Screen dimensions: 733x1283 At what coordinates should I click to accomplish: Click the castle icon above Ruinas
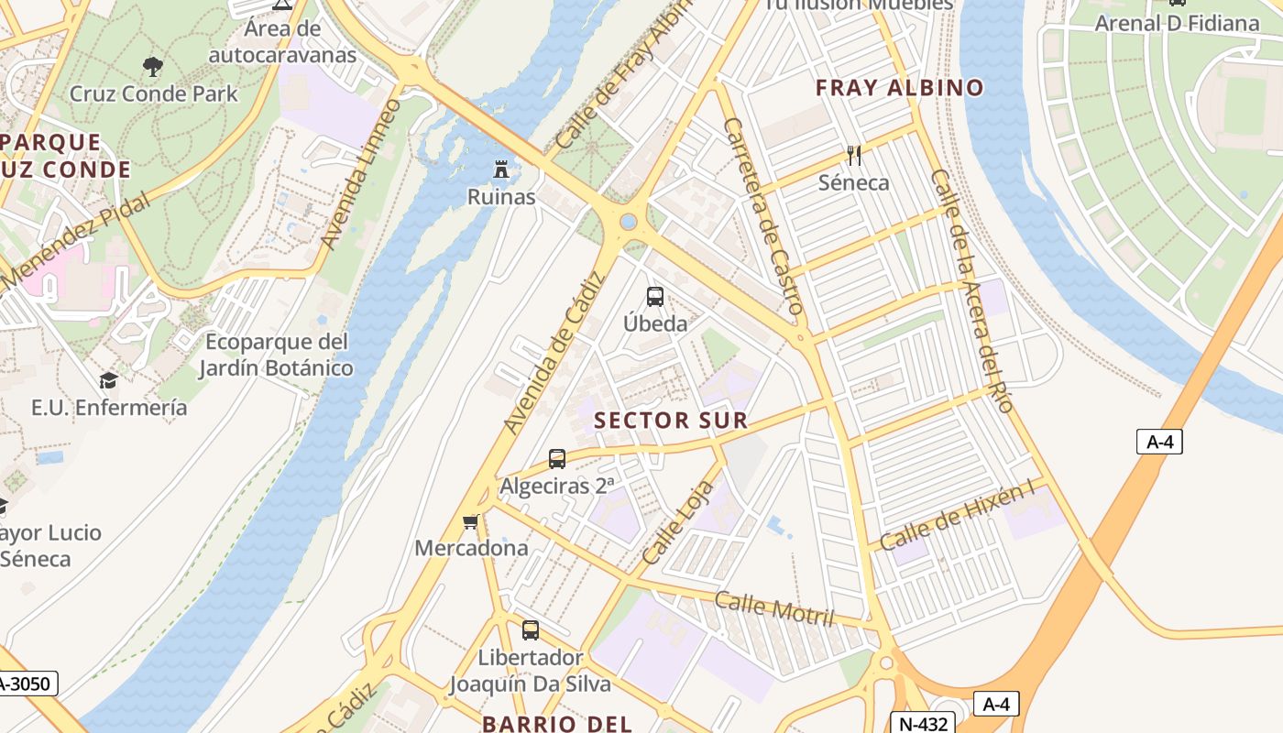(x=500, y=169)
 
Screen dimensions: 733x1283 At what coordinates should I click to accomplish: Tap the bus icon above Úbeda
(x=655, y=296)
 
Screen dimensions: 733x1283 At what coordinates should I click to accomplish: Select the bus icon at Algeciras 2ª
(x=556, y=458)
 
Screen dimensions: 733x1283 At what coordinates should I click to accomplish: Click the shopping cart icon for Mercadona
(x=471, y=521)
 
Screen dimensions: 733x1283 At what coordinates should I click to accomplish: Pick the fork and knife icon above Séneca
(x=854, y=155)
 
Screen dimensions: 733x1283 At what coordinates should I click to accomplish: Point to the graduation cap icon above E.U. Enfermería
(x=108, y=380)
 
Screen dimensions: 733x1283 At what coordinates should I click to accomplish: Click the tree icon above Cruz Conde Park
(x=153, y=66)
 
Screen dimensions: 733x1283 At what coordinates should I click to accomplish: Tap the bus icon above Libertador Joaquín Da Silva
(x=531, y=629)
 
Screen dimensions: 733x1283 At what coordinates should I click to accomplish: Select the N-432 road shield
(x=923, y=723)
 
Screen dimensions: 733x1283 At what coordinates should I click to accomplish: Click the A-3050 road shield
(x=27, y=684)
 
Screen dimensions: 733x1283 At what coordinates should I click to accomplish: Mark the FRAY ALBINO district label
(x=899, y=88)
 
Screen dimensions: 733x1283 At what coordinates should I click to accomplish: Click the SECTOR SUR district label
(x=671, y=421)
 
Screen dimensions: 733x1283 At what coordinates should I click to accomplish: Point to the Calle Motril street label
(x=774, y=610)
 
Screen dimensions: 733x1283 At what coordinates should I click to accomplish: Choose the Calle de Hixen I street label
(x=957, y=517)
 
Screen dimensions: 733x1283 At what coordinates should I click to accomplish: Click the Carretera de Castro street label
(x=763, y=216)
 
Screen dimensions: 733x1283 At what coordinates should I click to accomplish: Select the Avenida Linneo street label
(x=360, y=174)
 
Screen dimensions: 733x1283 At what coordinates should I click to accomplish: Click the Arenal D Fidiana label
(x=1177, y=23)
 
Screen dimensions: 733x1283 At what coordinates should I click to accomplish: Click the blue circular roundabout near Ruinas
(x=628, y=222)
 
